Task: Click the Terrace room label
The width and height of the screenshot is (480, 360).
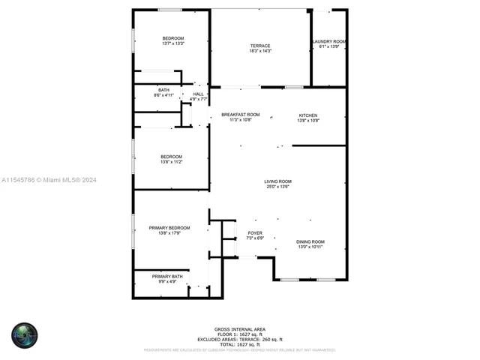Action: tap(260, 46)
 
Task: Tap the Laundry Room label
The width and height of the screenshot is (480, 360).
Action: tap(329, 41)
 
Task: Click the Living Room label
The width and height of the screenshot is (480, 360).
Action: tap(277, 181)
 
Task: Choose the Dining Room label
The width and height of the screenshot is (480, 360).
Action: tap(310, 241)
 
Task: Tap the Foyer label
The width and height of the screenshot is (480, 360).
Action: tap(255, 233)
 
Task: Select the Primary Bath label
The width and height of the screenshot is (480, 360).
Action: tap(166, 277)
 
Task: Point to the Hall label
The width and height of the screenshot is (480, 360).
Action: tap(198, 94)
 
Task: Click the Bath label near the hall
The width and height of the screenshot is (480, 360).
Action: tap(163, 90)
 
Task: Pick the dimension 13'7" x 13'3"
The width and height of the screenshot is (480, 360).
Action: tap(173, 43)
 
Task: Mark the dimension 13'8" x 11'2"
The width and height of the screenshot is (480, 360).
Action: tap(171, 162)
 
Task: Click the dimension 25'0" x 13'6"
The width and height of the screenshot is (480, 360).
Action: tap(277, 187)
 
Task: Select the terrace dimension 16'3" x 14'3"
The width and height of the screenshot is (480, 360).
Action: tap(260, 51)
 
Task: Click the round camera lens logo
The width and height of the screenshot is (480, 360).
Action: tap(24, 335)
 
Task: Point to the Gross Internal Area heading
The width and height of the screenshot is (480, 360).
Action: tap(239, 329)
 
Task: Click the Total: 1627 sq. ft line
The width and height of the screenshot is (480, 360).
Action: tap(239, 343)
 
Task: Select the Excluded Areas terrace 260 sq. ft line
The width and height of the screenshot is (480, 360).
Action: tap(239, 339)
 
